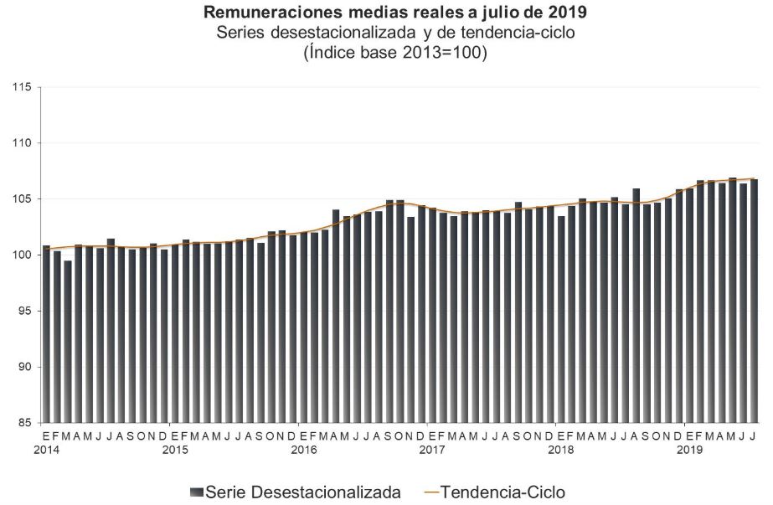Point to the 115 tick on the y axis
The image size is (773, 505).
20,87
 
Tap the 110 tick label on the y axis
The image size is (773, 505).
20,143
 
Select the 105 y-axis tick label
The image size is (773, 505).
20,199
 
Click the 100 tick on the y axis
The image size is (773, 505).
20,255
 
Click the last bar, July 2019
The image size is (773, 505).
754,301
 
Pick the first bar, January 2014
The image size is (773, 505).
46,335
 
